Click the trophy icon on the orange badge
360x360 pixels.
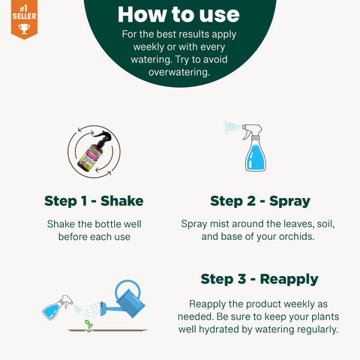(x=24, y=28)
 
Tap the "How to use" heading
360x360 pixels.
(x=178, y=14)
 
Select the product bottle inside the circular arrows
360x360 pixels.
(x=94, y=151)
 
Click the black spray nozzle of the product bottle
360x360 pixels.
(x=103, y=136)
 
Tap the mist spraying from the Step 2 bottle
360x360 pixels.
(x=232, y=127)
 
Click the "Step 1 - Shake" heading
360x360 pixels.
(x=94, y=201)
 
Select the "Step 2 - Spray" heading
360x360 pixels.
(x=260, y=201)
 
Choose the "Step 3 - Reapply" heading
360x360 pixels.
(x=259, y=279)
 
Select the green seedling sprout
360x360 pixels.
(x=88, y=325)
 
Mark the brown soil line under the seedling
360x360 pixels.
(x=107, y=331)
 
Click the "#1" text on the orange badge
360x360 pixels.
(x=23, y=9)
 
